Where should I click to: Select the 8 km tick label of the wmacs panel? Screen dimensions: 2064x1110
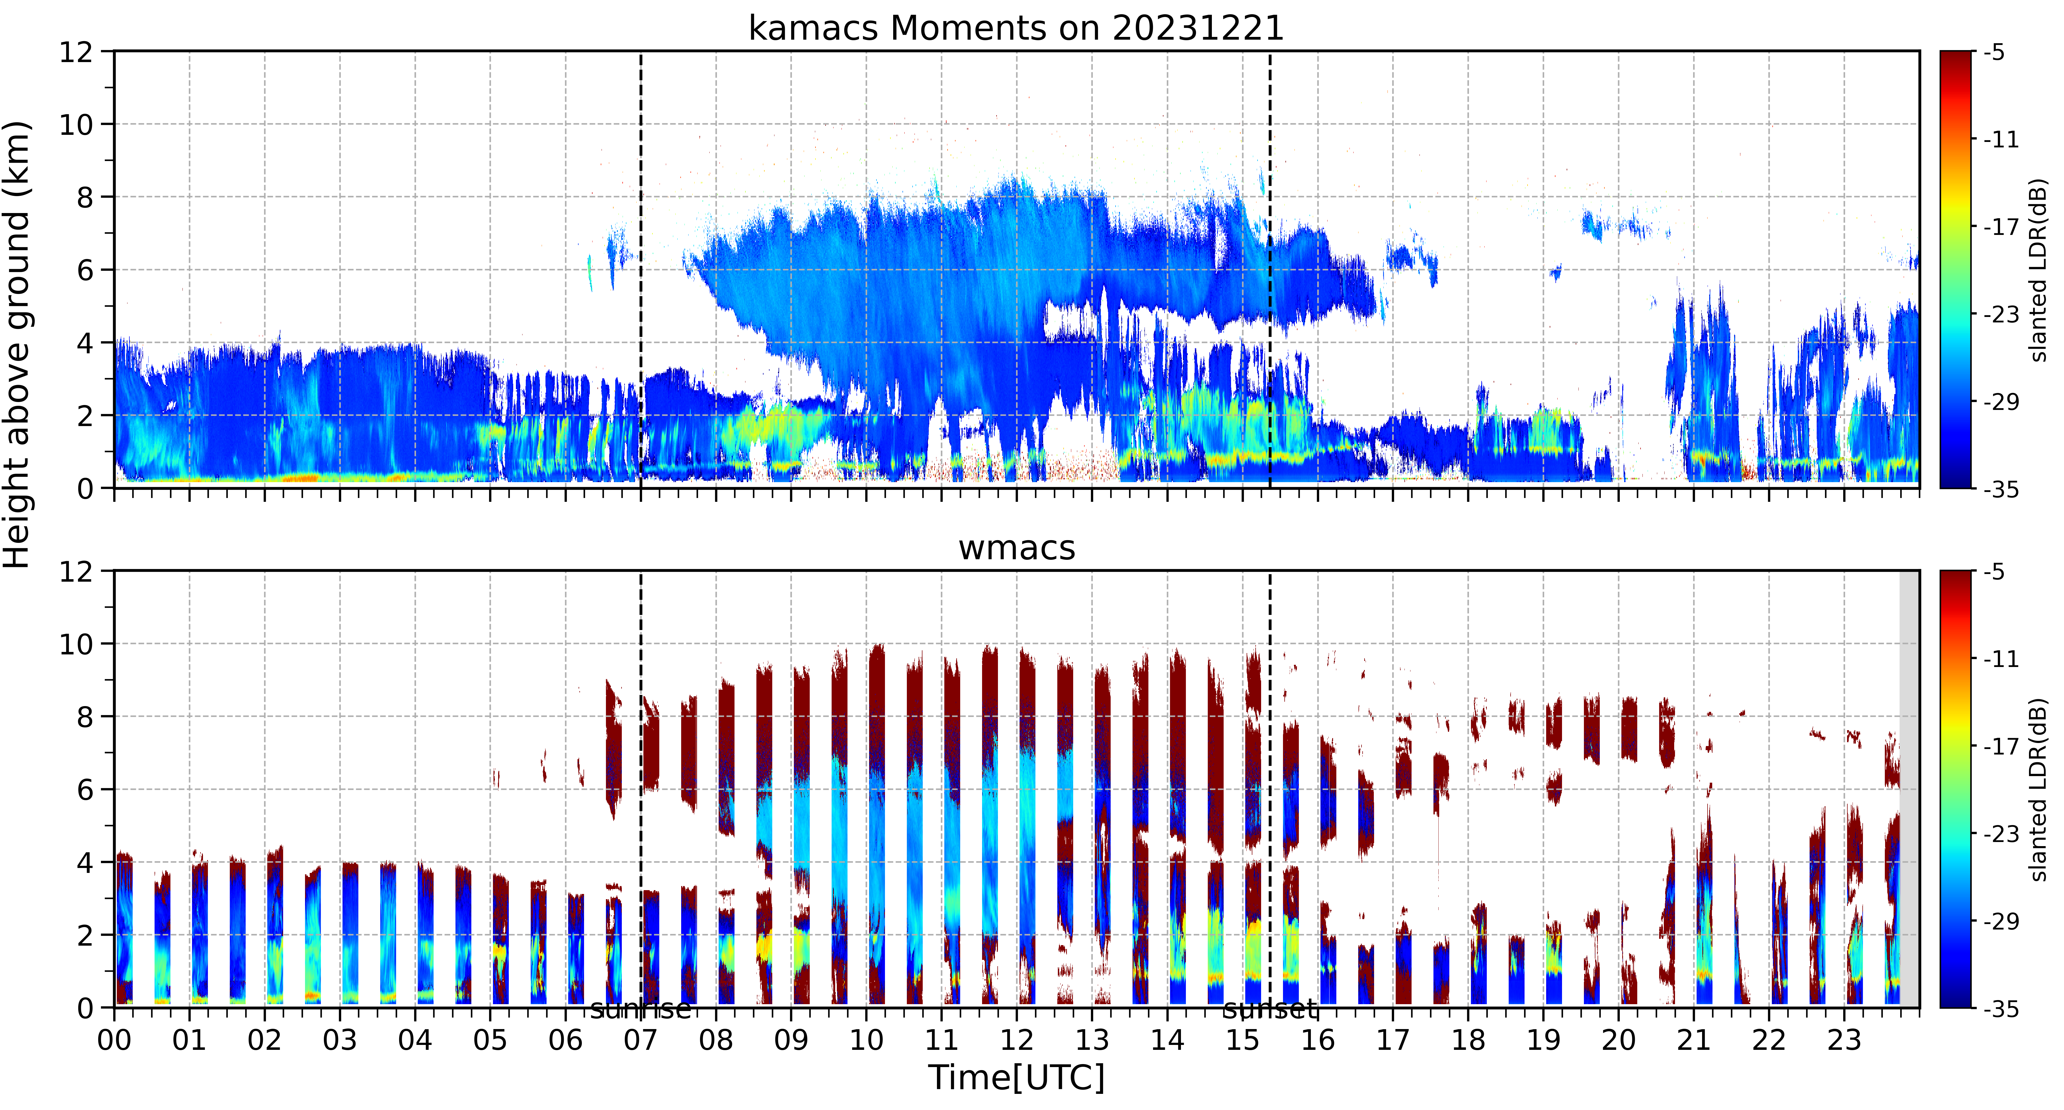click(85, 717)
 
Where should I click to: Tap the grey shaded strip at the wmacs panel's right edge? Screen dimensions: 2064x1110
click(1909, 789)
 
